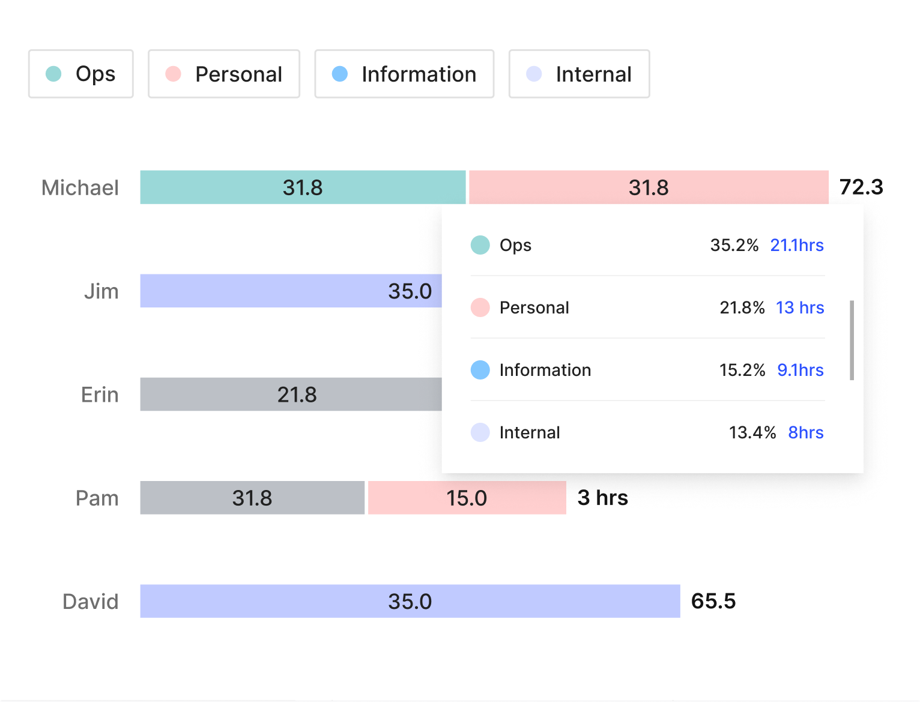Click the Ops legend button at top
(x=81, y=74)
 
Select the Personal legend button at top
(x=224, y=74)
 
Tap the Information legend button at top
(x=404, y=74)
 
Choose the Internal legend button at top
(x=579, y=74)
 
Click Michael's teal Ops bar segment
(x=303, y=187)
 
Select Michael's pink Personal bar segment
(x=649, y=187)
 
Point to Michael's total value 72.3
(x=861, y=187)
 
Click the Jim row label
(x=101, y=291)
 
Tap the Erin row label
(x=100, y=395)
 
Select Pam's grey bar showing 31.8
(x=252, y=498)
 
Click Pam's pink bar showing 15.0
(x=467, y=498)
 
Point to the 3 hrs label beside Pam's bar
(x=602, y=498)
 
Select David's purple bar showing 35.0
(x=410, y=601)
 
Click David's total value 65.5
(x=713, y=601)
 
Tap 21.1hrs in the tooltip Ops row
(x=797, y=245)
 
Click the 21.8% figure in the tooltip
(x=742, y=307)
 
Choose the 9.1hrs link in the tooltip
(x=800, y=370)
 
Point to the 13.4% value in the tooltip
(x=752, y=432)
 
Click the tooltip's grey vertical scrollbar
(x=852, y=340)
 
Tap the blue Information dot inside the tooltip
(x=480, y=370)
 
